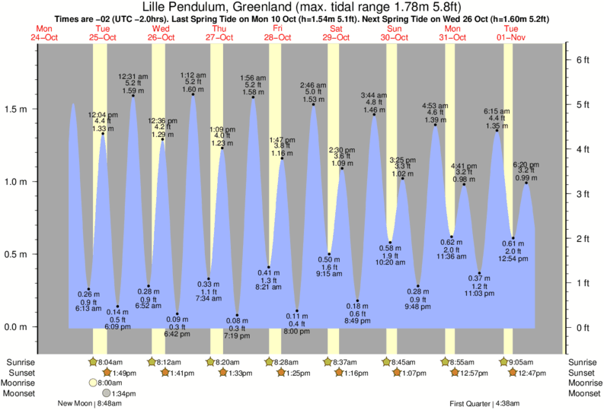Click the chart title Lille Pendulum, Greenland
point(302,6)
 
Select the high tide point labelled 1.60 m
point(192,94)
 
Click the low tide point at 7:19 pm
point(238,315)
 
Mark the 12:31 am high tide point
point(133,96)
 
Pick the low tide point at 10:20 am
point(390,243)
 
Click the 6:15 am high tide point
point(497,131)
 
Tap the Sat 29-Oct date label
point(334,33)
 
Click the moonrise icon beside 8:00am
point(94,383)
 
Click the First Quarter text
point(470,404)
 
